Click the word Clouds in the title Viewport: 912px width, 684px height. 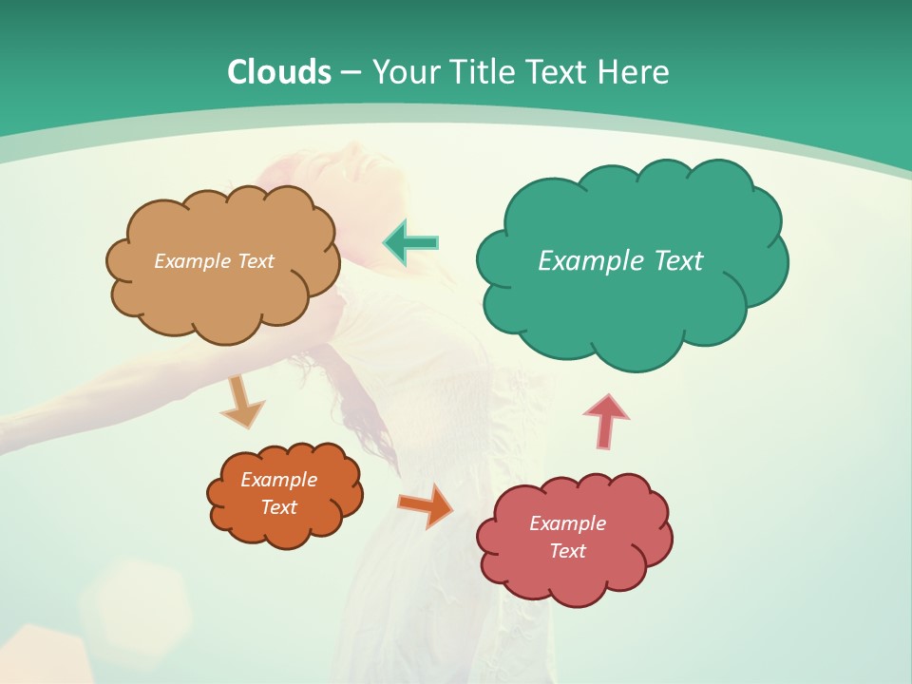click(279, 72)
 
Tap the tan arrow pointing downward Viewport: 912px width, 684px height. click(241, 403)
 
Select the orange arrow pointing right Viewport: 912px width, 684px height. click(426, 505)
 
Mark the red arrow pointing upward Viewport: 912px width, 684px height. click(605, 421)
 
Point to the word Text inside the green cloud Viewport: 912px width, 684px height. click(673, 261)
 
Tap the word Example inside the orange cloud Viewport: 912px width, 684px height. click(278, 480)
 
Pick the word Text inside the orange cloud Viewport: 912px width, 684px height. click(278, 507)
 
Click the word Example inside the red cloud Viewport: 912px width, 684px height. click(567, 523)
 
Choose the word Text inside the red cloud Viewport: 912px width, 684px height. click(567, 551)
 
